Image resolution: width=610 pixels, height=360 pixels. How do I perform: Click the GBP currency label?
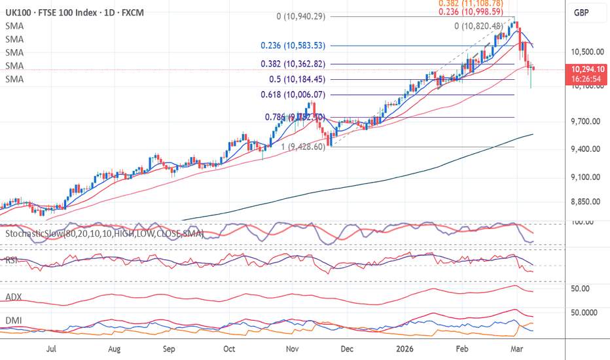tap(583, 12)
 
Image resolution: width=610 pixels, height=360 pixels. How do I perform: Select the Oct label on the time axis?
tap(230, 349)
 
